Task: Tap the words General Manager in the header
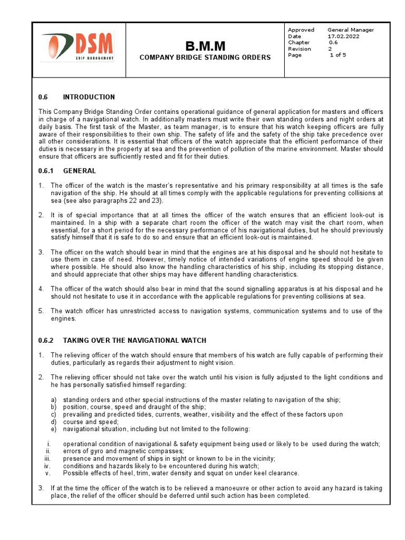coord(351,30)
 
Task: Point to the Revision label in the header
coord(300,49)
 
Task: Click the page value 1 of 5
coord(338,55)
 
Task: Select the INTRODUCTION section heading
coord(89,97)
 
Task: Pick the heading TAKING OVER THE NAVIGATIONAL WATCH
coord(134,340)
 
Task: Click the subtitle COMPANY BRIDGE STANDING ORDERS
coord(205,57)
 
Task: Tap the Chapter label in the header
coord(299,43)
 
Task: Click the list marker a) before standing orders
coord(54,400)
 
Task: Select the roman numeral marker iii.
coord(47,458)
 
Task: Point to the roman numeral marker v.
coord(47,473)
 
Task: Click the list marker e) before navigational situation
coord(54,429)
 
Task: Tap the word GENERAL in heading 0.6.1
coord(79,171)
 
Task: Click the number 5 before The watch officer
coord(41,311)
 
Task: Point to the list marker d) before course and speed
coord(54,421)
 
